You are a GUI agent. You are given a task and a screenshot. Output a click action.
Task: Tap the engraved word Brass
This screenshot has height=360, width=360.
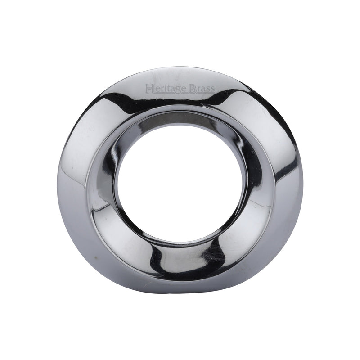point(202,87)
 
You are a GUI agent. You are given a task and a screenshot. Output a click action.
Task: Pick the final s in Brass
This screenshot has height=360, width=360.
point(212,88)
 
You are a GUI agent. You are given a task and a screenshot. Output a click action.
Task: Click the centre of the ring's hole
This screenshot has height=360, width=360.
point(180,180)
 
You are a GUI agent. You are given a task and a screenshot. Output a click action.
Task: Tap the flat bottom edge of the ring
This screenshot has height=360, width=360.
point(180,293)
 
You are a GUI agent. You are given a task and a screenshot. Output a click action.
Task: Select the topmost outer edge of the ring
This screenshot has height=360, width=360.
point(180,67)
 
